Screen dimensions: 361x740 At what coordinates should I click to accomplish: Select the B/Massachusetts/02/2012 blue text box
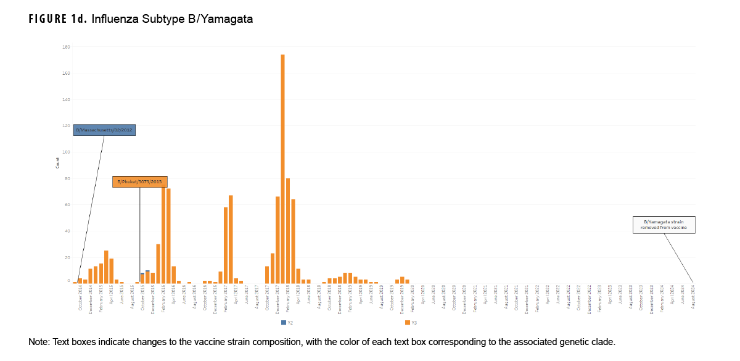pos(104,130)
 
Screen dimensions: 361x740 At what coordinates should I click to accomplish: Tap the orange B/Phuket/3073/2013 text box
pos(139,181)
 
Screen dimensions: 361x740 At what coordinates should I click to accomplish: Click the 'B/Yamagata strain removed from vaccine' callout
pos(665,225)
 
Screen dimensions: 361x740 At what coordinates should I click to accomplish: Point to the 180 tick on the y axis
pos(66,47)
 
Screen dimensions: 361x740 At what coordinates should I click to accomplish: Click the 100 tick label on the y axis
pos(66,152)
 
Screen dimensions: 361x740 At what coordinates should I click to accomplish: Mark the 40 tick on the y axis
pos(66,231)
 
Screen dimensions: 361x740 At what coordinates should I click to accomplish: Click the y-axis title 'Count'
pos(58,164)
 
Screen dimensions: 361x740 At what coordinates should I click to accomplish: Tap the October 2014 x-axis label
pos(80,299)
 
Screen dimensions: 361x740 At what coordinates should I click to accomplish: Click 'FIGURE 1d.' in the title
pos(57,19)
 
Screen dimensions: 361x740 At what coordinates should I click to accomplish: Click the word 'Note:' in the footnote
pos(40,342)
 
